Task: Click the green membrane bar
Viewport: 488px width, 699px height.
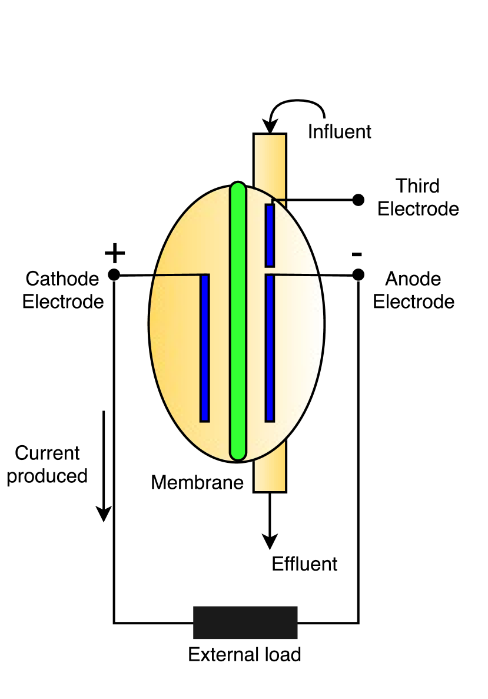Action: (x=238, y=321)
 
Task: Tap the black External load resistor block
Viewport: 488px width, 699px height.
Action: (x=245, y=622)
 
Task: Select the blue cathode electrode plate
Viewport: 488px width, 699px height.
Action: (x=205, y=348)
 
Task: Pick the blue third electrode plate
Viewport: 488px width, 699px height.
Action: (x=270, y=235)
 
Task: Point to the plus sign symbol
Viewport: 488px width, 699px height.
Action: (x=115, y=253)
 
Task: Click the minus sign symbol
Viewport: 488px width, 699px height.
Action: (x=357, y=254)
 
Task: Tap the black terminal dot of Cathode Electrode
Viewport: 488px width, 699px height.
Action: (x=114, y=274)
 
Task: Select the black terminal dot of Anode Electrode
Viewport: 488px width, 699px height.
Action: (x=358, y=274)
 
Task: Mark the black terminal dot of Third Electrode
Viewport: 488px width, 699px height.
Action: (x=358, y=200)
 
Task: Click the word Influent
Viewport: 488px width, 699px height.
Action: (x=340, y=131)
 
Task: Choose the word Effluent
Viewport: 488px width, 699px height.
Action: (x=304, y=564)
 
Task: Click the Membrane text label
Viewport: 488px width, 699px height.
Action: (x=197, y=483)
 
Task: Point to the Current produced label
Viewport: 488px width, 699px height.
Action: (x=47, y=465)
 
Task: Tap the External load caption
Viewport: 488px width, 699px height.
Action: (x=244, y=654)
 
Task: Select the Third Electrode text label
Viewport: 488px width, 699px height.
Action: (x=418, y=197)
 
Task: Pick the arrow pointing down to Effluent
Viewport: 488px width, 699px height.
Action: (x=270, y=521)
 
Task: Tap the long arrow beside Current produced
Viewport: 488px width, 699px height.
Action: (x=104, y=465)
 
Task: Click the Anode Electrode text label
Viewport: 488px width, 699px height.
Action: (x=414, y=290)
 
